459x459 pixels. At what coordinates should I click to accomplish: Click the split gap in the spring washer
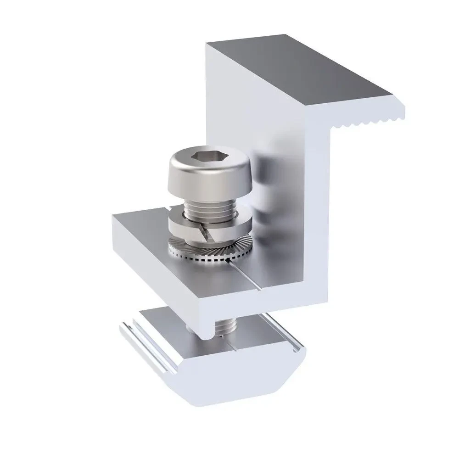point(205,232)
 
